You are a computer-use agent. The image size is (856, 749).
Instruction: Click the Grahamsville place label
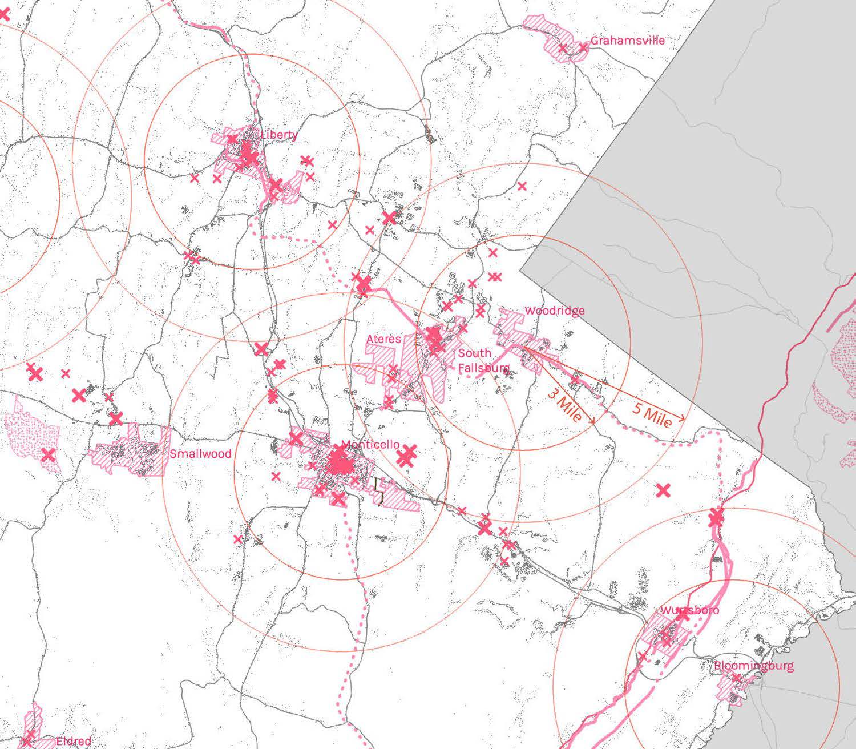point(627,41)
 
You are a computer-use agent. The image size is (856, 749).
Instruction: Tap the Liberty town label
point(279,135)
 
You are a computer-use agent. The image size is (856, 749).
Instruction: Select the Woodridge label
point(554,311)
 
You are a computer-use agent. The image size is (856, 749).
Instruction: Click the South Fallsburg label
point(482,361)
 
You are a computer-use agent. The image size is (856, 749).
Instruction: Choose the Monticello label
point(370,445)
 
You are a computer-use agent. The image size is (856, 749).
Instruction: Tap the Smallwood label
point(200,454)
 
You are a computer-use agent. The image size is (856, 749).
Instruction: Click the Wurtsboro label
point(690,610)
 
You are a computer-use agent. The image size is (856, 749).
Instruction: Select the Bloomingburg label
point(753,666)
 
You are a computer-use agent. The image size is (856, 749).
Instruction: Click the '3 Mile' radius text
point(564,405)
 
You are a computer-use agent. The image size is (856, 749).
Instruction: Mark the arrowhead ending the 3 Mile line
point(593,422)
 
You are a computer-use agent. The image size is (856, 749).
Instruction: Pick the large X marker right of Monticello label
point(407,456)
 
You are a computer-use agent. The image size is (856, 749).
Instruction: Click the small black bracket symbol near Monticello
point(378,491)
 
